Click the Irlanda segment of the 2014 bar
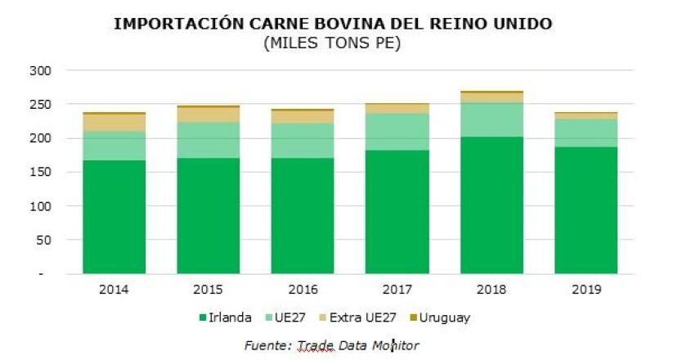point(114,217)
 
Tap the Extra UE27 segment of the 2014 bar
point(114,123)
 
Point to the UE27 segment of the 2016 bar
point(303,141)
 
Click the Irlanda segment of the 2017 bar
point(397,211)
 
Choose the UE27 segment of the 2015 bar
point(209,141)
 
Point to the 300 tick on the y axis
point(42,71)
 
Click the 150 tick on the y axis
point(42,173)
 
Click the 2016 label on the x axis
point(303,289)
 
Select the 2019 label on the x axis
point(586,289)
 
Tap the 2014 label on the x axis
point(114,289)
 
